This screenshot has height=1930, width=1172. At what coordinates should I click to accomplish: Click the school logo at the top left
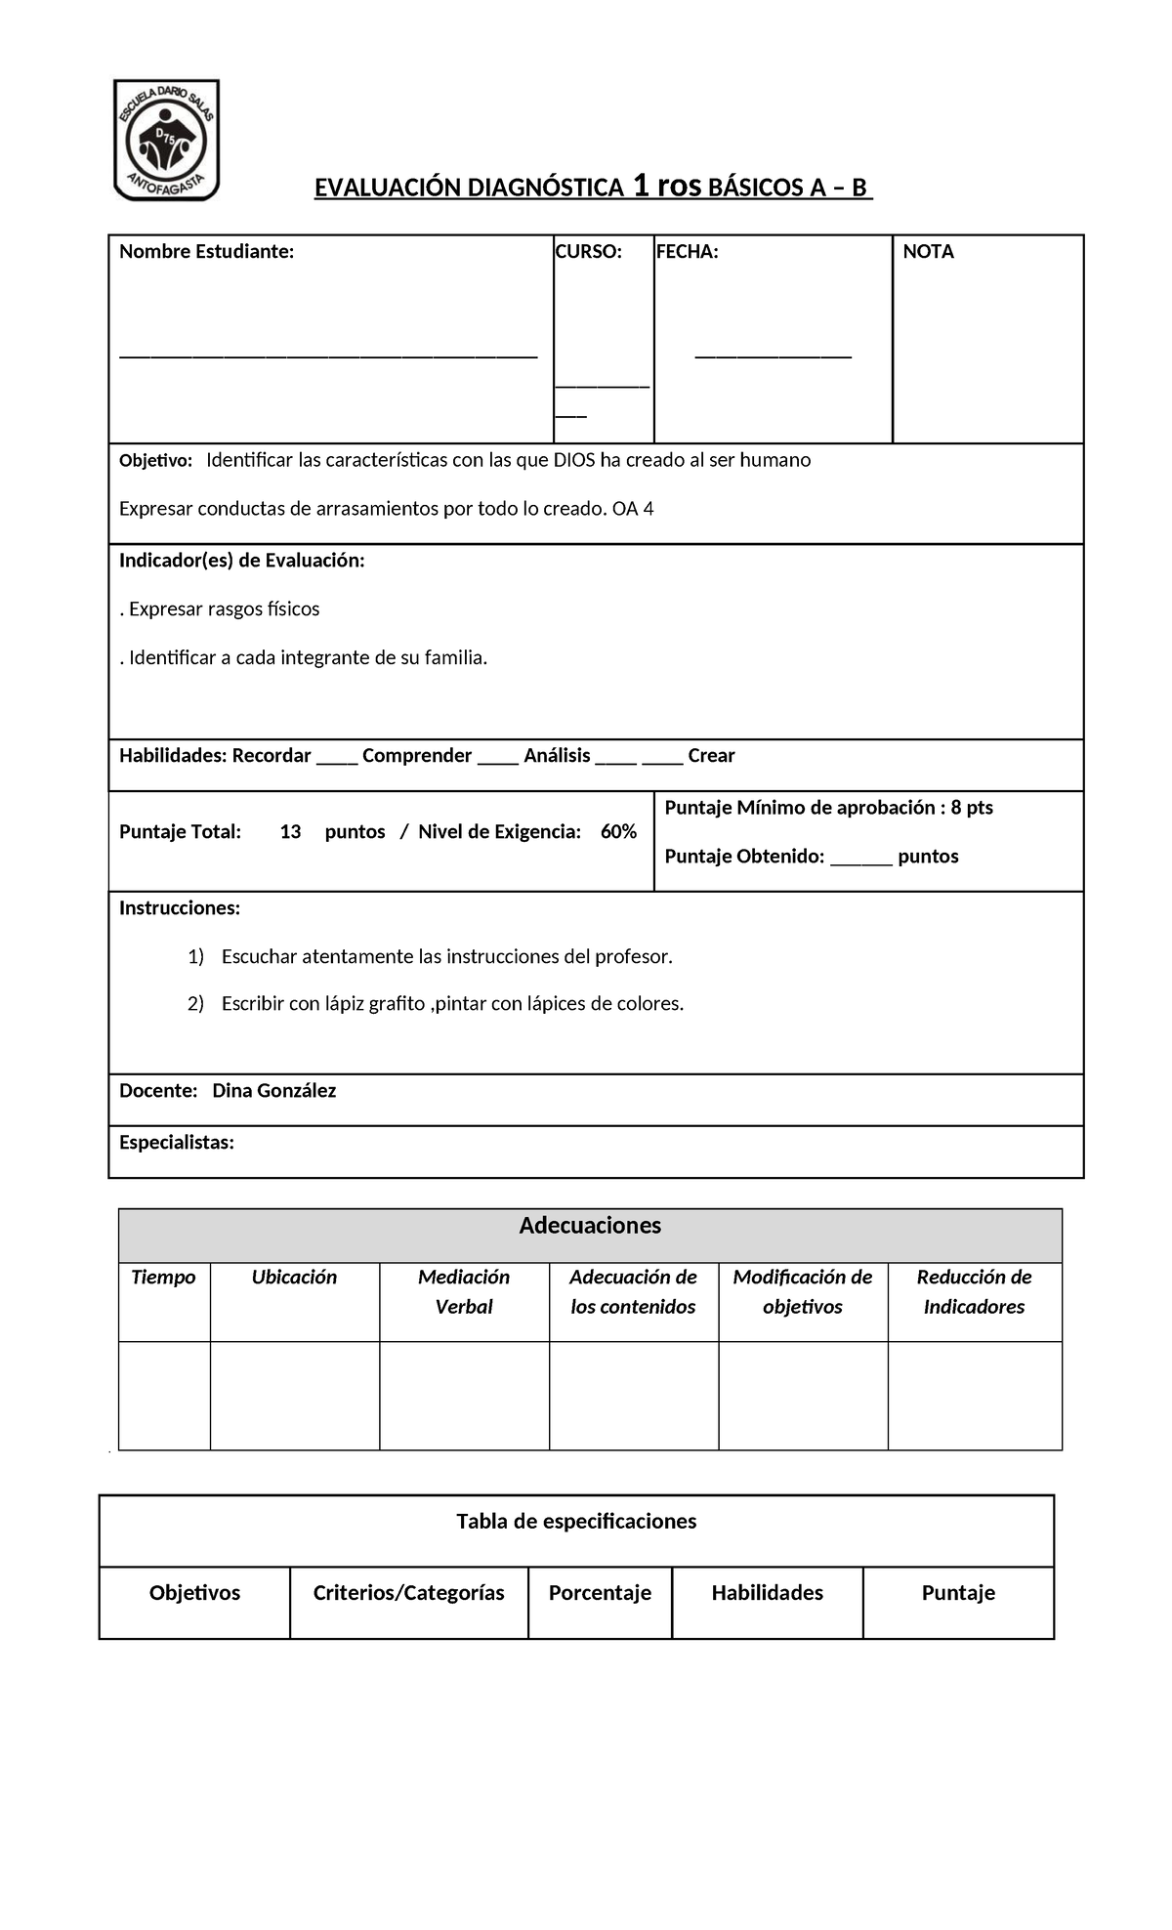pos(167,140)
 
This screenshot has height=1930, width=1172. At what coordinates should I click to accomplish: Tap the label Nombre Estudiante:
pos(206,252)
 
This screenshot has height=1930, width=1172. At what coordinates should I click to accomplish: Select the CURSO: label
pos(588,252)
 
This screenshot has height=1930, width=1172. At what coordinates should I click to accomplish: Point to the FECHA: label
pos(687,252)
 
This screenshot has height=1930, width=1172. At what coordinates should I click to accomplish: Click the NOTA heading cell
pos(928,252)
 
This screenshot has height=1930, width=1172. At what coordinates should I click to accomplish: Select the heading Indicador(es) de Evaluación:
pos(241,561)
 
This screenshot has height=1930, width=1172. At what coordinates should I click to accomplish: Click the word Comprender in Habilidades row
pos(417,756)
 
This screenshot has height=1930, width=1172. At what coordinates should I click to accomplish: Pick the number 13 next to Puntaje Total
pos(290,832)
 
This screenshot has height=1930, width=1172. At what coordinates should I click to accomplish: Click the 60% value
pos(618,832)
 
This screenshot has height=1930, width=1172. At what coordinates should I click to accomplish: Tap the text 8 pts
pos(972,808)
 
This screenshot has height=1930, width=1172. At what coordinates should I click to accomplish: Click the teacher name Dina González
pos(273,1091)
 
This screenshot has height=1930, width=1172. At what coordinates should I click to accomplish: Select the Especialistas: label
pos(177,1143)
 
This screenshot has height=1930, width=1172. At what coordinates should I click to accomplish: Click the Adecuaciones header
pos(590,1226)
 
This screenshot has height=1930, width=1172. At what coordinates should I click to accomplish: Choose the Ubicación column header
pos(294,1278)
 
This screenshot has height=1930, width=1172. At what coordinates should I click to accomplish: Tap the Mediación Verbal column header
pos(464,1291)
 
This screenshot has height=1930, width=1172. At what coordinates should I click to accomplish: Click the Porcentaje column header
pos(600,1593)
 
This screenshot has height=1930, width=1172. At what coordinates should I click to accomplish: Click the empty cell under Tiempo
pos(164,1395)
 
